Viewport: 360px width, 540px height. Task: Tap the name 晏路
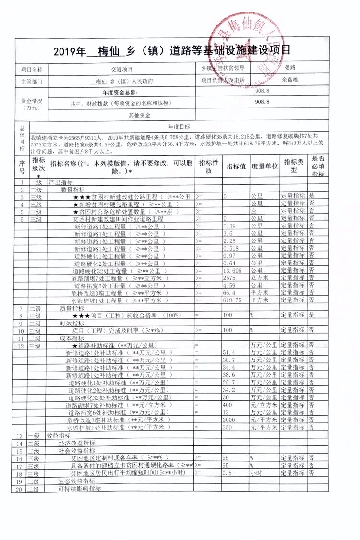(291, 68)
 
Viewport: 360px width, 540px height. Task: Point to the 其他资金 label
(140, 115)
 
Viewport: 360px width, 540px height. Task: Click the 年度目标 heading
(179, 126)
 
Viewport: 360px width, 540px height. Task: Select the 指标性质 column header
(208, 166)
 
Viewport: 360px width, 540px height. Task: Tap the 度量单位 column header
(264, 166)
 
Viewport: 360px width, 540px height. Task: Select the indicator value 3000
(230, 419)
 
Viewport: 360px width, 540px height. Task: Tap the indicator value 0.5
(228, 473)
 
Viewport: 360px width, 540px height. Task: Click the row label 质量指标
(72, 308)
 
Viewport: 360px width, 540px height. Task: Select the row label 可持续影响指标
(79, 489)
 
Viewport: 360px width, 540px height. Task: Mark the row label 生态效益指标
(76, 481)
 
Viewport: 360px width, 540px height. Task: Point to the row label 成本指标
(72, 338)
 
